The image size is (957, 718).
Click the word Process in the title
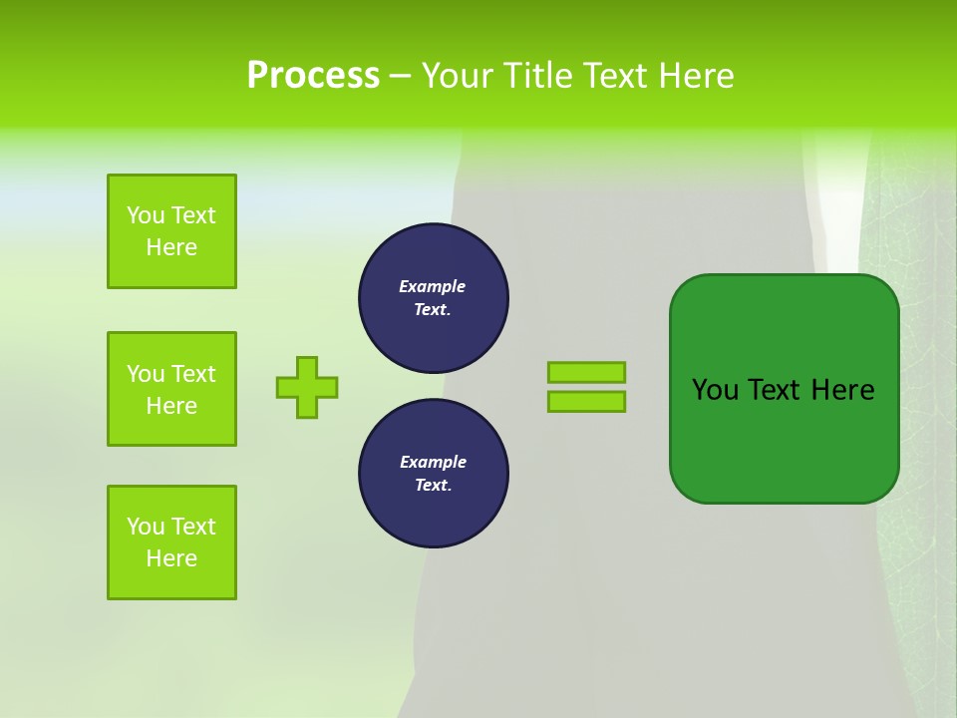pyautogui.click(x=313, y=76)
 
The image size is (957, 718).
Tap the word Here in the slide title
pyautogui.click(x=695, y=76)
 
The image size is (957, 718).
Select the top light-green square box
pyautogui.click(x=171, y=231)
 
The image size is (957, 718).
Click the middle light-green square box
pyautogui.click(x=171, y=389)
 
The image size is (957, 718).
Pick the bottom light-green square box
pyautogui.click(x=171, y=542)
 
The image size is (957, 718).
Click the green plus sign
pyautogui.click(x=307, y=387)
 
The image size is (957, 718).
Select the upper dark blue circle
pyautogui.click(x=434, y=298)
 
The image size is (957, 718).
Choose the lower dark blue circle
pyautogui.click(x=434, y=474)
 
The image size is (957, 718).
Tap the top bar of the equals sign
pyautogui.click(x=586, y=372)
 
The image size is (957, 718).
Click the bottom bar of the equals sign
pyautogui.click(x=586, y=402)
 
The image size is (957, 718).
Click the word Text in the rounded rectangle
pyautogui.click(x=775, y=390)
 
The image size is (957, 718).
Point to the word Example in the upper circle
pyautogui.click(x=433, y=287)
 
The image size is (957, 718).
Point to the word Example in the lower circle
pyautogui.click(x=433, y=463)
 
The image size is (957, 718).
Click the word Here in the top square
pyautogui.click(x=171, y=247)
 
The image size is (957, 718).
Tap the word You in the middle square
pyautogui.click(x=146, y=374)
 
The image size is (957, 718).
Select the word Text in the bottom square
pyautogui.click(x=193, y=527)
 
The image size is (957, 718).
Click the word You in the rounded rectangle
pyautogui.click(x=715, y=390)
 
